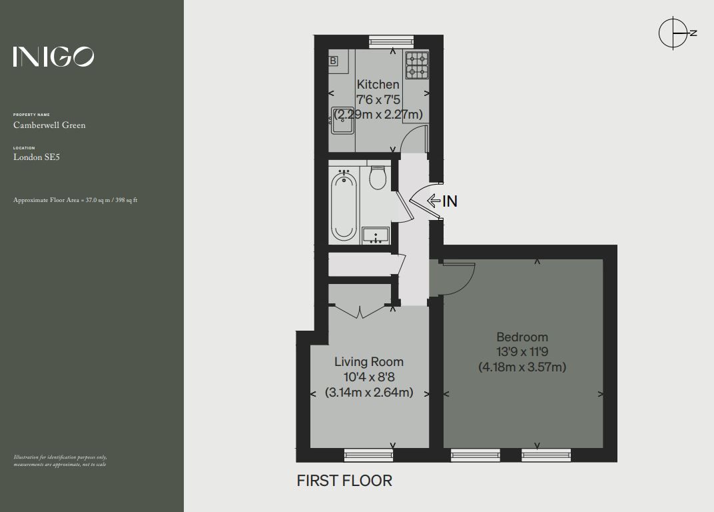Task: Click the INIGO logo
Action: pos(53,57)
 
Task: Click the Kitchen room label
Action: pos(378,85)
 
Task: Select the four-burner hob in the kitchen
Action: pos(417,65)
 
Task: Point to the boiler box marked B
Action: pos(333,61)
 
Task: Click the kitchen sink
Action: pos(342,120)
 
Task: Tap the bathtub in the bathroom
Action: pos(344,205)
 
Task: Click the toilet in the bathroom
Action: pos(378,177)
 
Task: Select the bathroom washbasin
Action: pos(376,235)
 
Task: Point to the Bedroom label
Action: pos(522,337)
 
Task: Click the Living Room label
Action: pos(369,362)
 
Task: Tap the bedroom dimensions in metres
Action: pos(522,367)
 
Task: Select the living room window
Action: pos(368,455)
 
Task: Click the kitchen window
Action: pos(392,42)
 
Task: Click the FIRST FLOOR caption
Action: pos(344,481)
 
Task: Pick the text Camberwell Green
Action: pos(49,125)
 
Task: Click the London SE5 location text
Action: pos(37,157)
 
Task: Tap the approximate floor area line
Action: pos(75,200)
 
